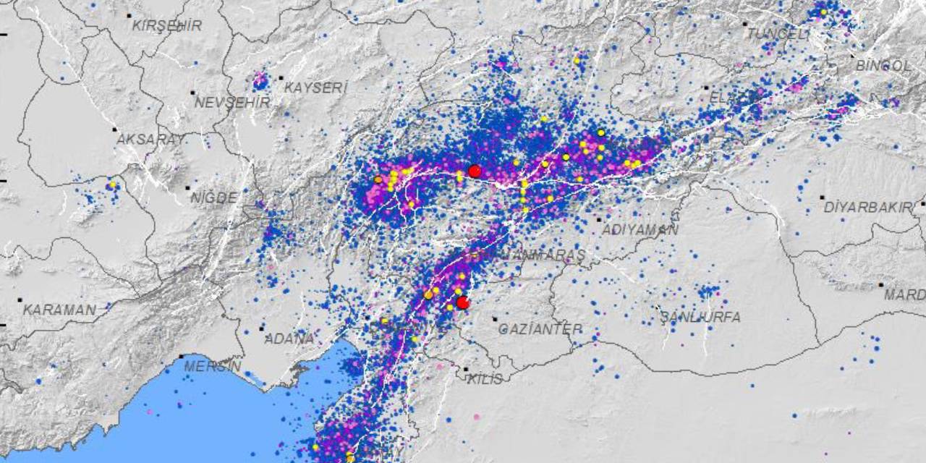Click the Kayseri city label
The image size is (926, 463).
(316, 88)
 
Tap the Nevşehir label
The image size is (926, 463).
(231, 103)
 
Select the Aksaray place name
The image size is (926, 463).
(150, 140)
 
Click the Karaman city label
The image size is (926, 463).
(59, 310)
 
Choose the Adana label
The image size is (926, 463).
(289, 339)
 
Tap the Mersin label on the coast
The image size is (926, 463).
(212, 366)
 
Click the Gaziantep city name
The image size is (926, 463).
(540, 329)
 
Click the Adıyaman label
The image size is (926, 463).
(640, 230)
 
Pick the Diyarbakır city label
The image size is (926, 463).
(868, 208)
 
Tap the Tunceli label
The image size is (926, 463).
(778, 34)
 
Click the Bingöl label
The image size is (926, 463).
(883, 65)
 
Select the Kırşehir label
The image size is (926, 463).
(167, 25)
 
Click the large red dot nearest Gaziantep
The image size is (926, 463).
(463, 302)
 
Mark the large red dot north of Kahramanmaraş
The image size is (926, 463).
(475, 171)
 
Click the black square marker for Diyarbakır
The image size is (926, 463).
(822, 197)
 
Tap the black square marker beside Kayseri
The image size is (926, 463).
(281, 77)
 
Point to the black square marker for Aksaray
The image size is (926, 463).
(114, 129)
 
